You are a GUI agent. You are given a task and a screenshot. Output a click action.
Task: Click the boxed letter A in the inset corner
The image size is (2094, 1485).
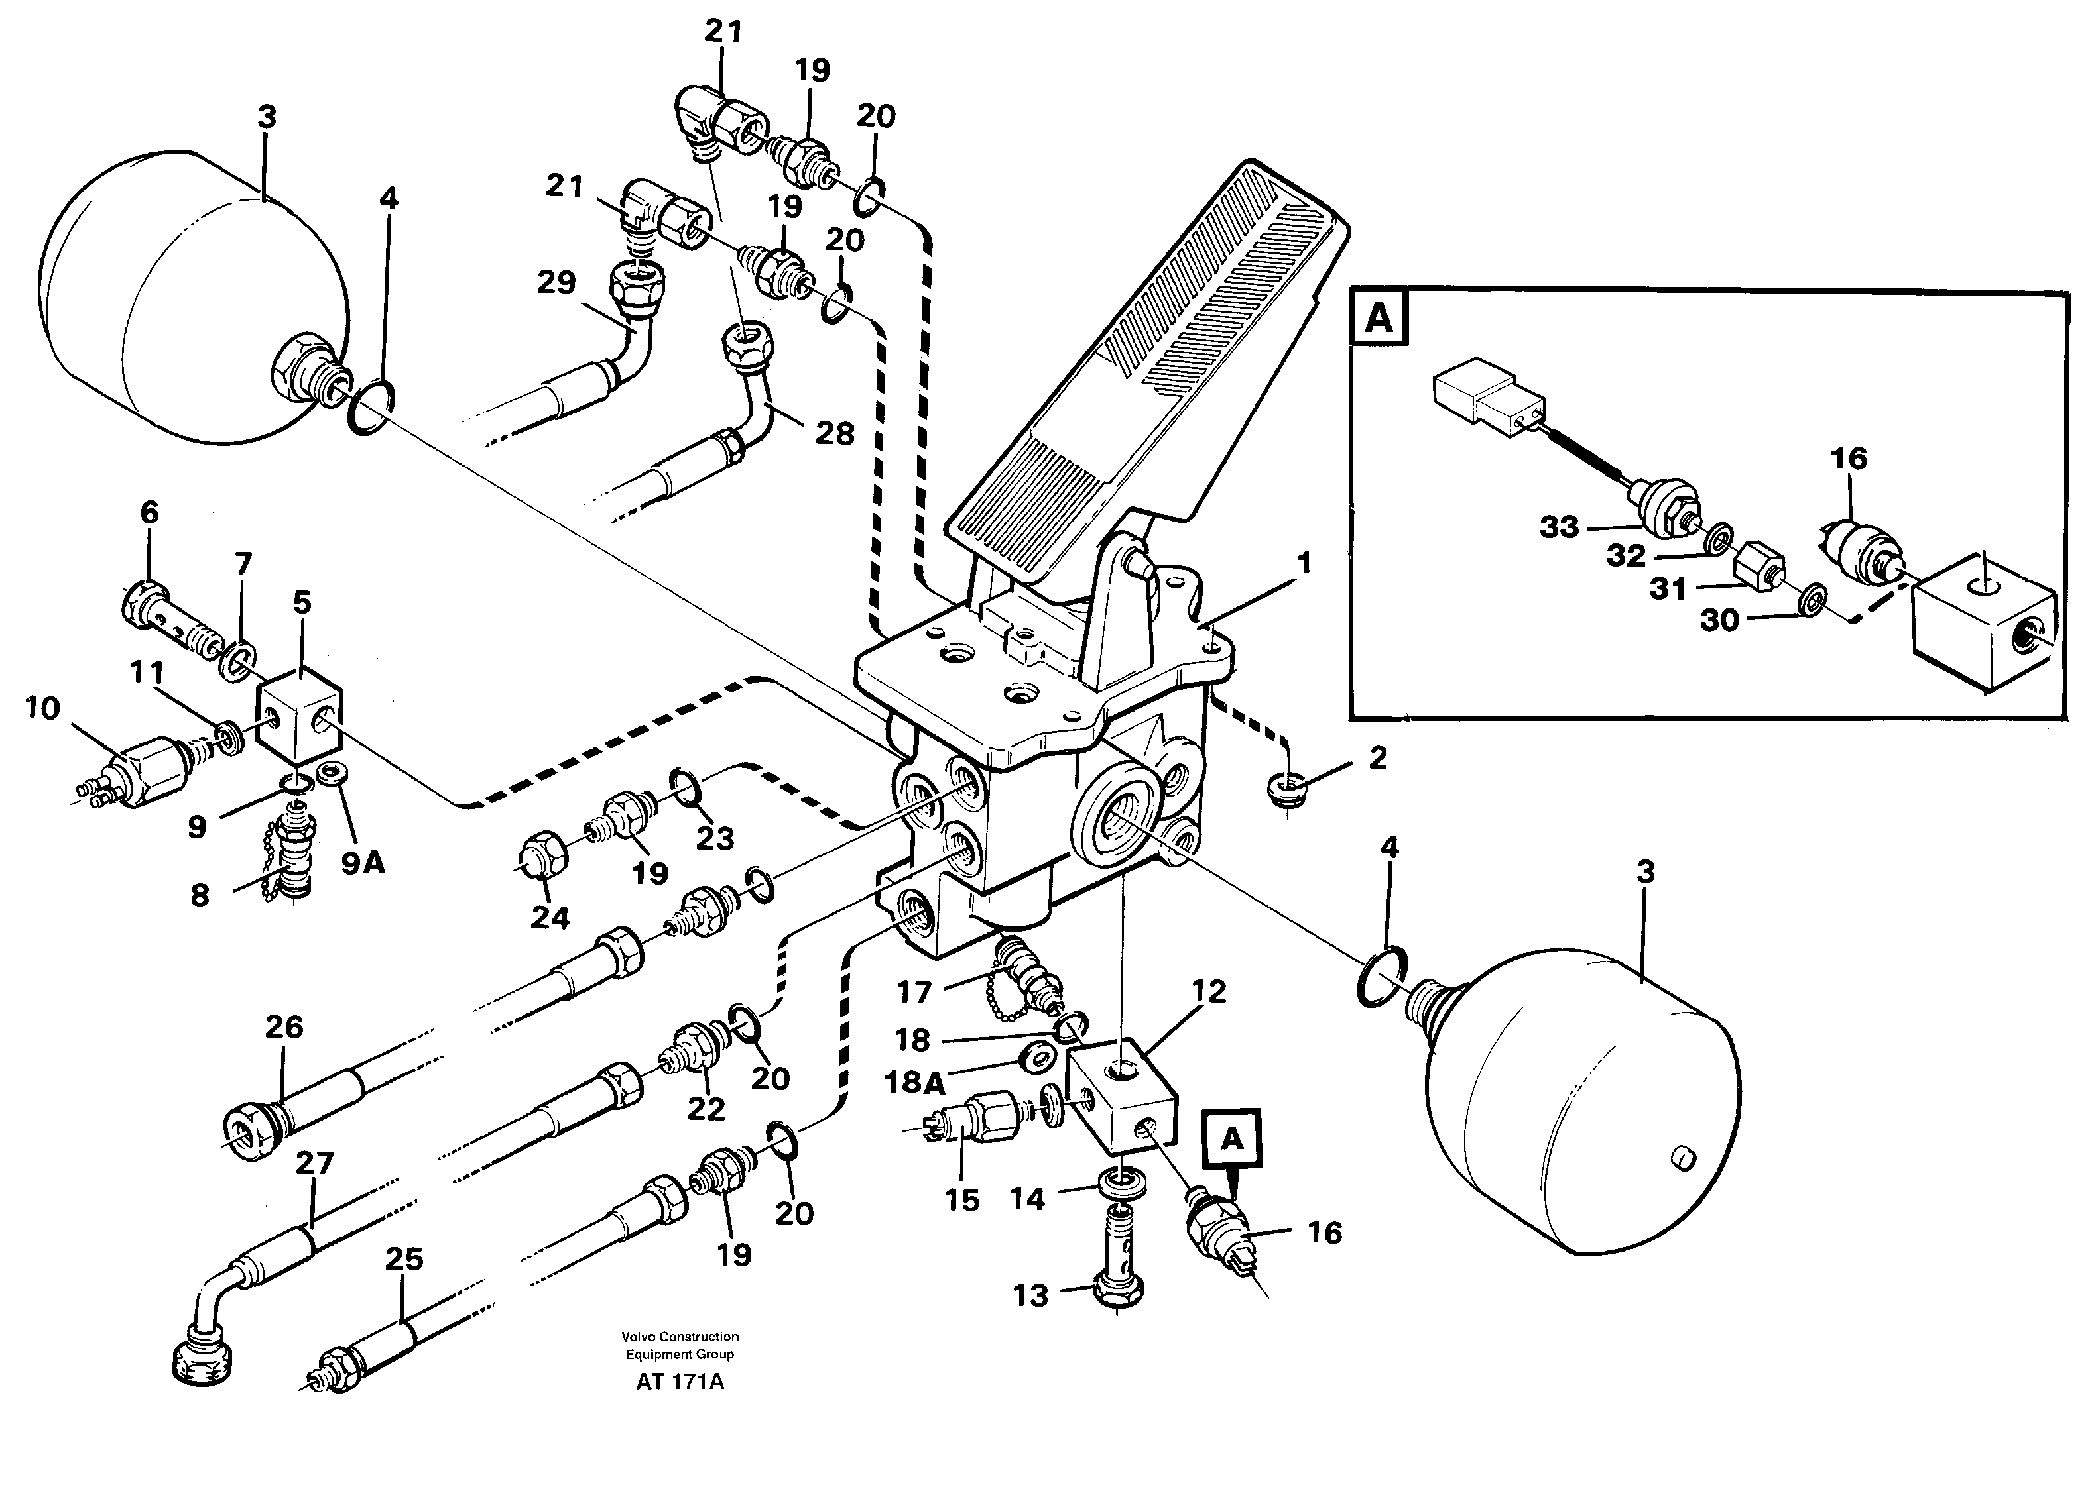(1379, 318)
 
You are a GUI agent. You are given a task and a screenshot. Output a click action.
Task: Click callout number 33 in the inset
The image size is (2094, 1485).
(1559, 527)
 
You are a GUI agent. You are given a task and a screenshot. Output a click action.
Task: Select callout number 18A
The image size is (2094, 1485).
(915, 1083)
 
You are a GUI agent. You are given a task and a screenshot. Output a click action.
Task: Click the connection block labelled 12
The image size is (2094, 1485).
(1121, 1093)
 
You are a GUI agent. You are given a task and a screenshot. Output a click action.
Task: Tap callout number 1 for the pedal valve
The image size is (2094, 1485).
(1304, 563)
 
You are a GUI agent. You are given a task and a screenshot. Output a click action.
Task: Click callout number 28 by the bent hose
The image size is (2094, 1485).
(834, 433)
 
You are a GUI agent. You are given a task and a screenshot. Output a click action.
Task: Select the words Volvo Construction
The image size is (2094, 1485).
(679, 1336)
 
